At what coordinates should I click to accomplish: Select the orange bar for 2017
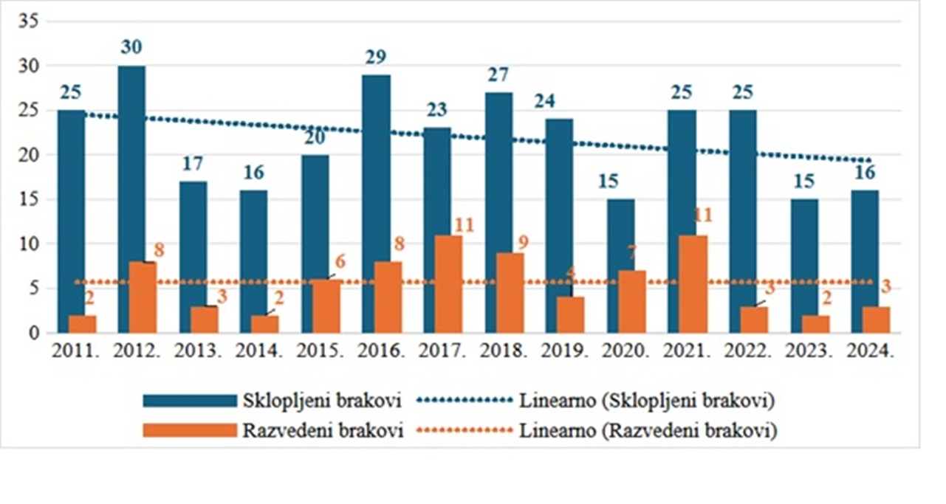tap(448, 284)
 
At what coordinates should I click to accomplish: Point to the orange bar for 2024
tap(876, 320)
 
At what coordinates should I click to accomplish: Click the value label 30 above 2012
tap(132, 47)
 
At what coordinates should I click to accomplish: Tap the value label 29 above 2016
tap(377, 57)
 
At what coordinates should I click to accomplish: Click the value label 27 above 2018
tap(499, 75)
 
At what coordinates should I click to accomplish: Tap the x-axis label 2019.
tap(563, 351)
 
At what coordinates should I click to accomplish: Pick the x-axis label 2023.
tap(808, 351)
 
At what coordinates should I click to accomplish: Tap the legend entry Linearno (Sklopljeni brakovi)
tap(648, 401)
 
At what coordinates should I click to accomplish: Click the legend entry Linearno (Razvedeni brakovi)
tap(648, 431)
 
